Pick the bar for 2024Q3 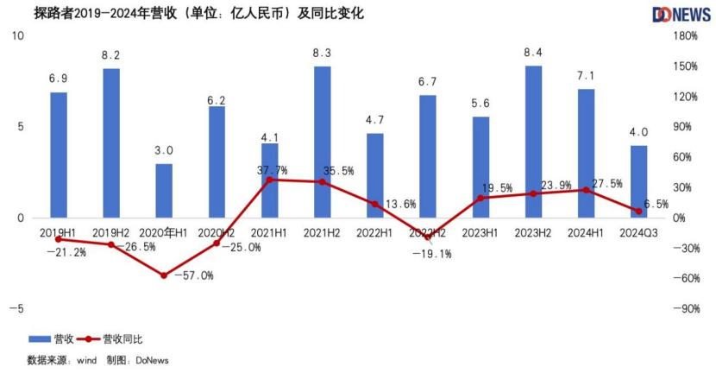(639, 181)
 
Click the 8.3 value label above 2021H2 (323, 54)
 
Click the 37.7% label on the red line (273, 169)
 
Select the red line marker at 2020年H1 (164, 275)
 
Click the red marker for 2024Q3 (639, 211)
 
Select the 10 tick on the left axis (17, 35)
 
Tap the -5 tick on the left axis (17, 309)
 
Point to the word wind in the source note (85, 359)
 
